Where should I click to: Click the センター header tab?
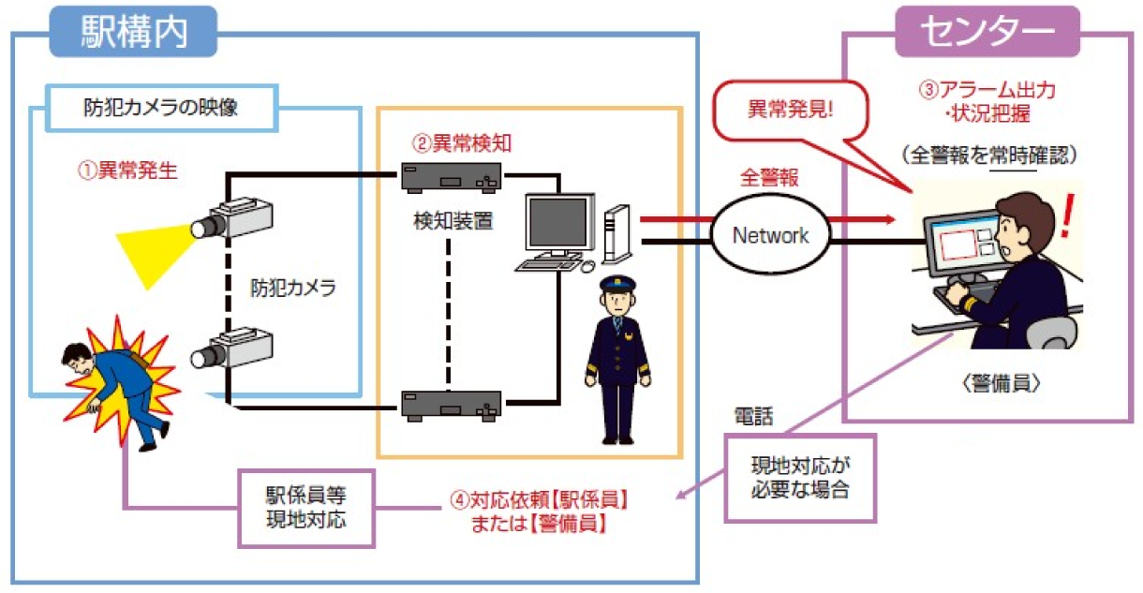coord(987,32)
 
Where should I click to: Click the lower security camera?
coord(232,347)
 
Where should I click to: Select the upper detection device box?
coord(450,175)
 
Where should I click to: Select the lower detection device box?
coord(450,404)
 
